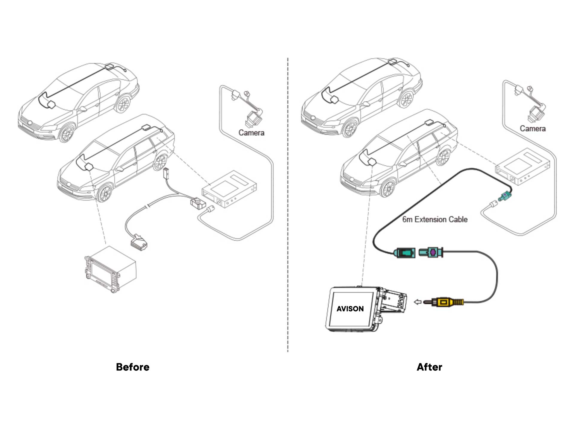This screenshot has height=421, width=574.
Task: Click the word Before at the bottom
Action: [133, 367]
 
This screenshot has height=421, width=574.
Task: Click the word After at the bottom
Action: [429, 367]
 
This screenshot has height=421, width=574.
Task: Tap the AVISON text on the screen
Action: [350, 309]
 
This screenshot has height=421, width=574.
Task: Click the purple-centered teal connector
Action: [431, 252]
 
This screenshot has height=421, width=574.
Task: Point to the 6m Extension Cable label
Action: [435, 219]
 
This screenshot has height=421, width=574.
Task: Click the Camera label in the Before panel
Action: [251, 133]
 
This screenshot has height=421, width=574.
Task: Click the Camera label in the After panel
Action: [532, 129]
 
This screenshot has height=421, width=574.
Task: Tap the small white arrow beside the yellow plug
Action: [417, 302]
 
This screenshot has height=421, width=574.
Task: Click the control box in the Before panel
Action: [229, 189]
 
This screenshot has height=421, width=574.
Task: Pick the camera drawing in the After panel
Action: [536, 113]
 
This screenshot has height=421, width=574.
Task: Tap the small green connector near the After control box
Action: [505, 196]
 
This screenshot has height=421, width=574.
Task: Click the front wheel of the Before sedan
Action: [66, 133]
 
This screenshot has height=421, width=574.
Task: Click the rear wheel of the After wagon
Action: [444, 157]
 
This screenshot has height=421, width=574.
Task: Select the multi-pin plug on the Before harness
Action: [139, 242]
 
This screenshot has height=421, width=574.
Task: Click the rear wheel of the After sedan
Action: [406, 98]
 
